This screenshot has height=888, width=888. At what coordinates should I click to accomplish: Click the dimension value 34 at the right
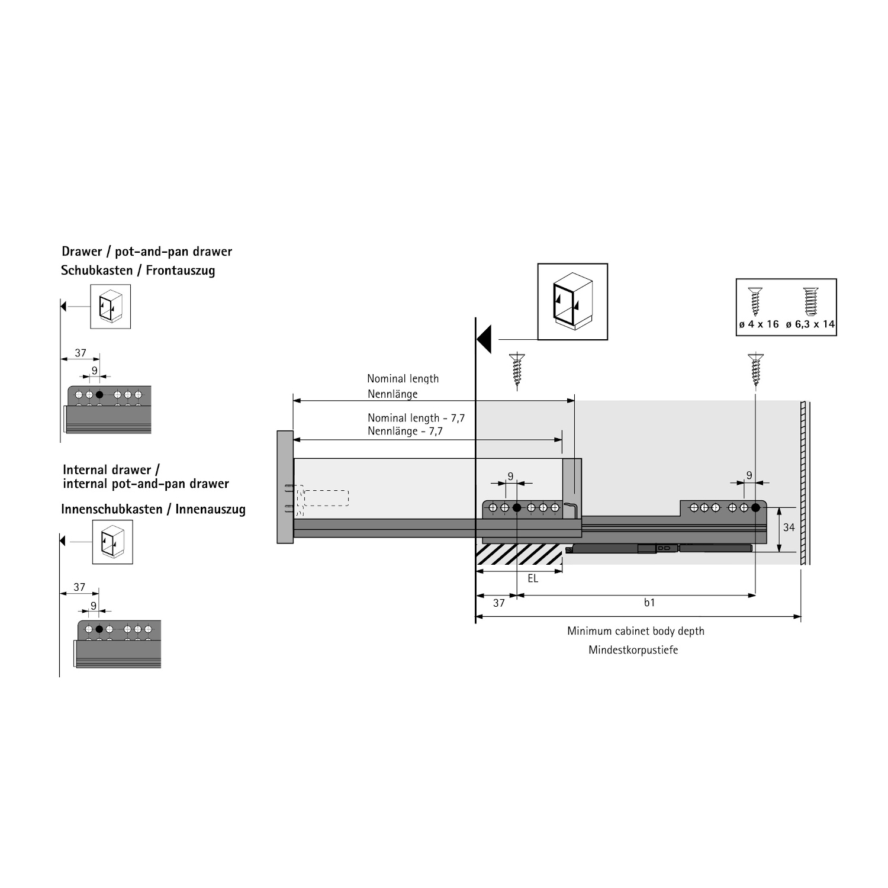789,527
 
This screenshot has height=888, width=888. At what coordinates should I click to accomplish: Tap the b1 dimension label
649,603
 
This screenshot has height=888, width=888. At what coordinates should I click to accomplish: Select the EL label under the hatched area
533,578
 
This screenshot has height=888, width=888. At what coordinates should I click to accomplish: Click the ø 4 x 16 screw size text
759,324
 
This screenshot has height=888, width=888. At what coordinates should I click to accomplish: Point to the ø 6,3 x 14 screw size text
810,324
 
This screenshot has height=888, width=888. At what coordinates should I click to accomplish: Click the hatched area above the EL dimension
519,554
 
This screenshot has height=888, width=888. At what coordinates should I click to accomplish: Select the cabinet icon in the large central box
572,301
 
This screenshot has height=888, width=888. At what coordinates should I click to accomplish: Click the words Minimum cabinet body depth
636,631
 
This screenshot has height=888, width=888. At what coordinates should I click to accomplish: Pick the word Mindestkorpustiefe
633,650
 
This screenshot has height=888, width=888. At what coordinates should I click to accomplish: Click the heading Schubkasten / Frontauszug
138,271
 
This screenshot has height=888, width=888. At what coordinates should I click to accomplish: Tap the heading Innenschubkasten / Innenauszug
153,509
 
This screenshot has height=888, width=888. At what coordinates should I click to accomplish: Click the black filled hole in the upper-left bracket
99,394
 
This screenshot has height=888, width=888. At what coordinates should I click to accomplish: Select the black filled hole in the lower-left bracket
99,629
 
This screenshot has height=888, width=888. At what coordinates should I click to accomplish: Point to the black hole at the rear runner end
755,507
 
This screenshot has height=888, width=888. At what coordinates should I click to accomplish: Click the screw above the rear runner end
755,369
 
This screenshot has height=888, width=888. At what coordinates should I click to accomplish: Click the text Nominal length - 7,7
416,418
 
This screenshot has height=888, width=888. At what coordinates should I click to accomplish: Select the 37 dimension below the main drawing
499,603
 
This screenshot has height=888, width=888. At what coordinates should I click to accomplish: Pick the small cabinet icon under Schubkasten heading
111,307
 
